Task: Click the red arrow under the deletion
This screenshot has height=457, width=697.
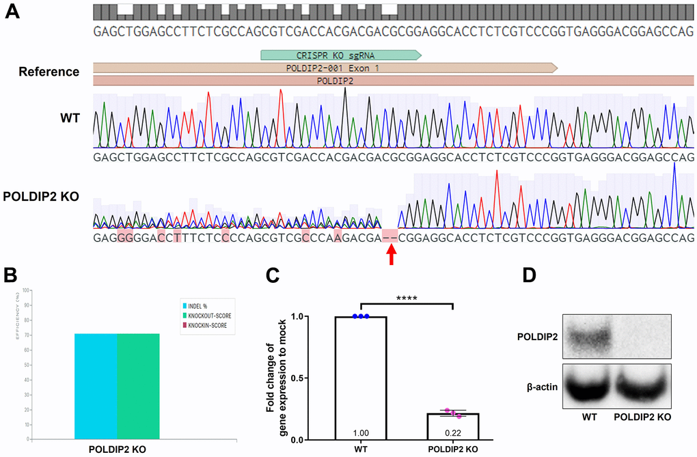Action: tap(391, 255)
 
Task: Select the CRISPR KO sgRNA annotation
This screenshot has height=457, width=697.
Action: tap(340, 55)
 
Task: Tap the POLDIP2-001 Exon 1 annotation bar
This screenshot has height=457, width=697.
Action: tap(325, 68)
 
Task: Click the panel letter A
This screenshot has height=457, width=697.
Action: tap(13, 12)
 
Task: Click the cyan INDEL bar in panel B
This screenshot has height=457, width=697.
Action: tap(96, 386)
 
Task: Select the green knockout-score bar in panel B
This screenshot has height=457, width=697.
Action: tap(139, 386)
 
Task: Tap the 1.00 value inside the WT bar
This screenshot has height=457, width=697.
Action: tap(361, 432)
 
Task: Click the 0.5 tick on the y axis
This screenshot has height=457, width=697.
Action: tap(314, 378)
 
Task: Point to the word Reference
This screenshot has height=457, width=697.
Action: tap(49, 72)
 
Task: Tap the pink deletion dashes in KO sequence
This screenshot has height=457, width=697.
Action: tap(390, 237)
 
